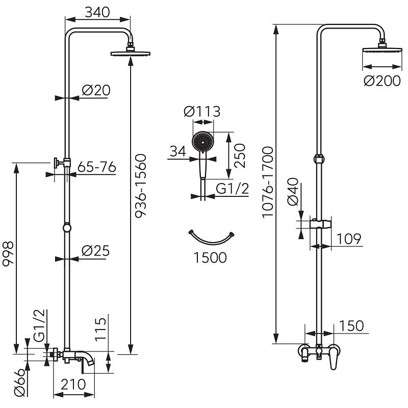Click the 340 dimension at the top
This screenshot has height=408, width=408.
(x=97, y=12)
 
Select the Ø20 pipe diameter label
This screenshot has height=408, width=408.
(x=96, y=90)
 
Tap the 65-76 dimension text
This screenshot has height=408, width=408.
(x=97, y=167)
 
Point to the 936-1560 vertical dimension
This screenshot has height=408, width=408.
(x=141, y=186)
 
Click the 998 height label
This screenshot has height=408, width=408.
(x=8, y=253)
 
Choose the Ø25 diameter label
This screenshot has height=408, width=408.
(x=95, y=251)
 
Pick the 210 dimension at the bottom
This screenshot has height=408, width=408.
(x=73, y=385)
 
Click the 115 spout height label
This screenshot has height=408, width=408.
(x=100, y=328)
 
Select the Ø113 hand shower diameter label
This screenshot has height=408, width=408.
(x=202, y=112)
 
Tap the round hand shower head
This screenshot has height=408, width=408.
(x=202, y=142)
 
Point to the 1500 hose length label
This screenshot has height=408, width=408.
(x=210, y=258)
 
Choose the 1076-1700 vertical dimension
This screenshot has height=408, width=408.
(x=268, y=182)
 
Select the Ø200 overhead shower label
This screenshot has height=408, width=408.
(x=382, y=81)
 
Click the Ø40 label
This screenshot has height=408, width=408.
(x=293, y=192)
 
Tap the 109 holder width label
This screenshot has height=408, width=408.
(x=349, y=239)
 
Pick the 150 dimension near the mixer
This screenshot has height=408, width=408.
(x=351, y=326)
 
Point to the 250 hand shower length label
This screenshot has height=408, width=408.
(x=240, y=156)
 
